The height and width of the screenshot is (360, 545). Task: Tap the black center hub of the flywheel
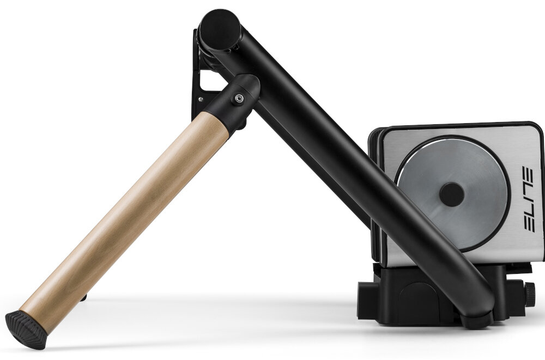[x=451, y=194]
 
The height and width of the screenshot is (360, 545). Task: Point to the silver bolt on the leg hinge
[x=238, y=99]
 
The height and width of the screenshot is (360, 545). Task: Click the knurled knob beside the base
[x=529, y=295]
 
